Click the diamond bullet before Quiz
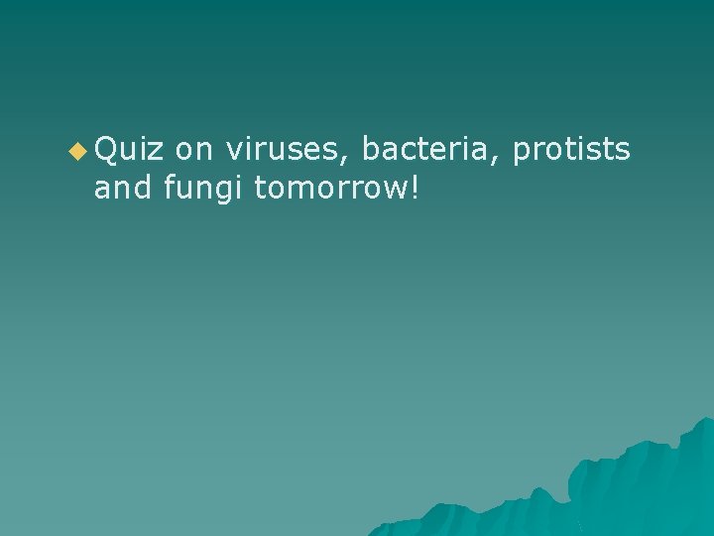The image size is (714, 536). coord(78,152)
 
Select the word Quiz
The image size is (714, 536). coord(129,150)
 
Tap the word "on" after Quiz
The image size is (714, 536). coord(194,150)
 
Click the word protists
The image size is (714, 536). coord(571,152)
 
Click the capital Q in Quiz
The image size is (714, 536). coord(106,150)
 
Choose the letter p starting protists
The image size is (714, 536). coord(521,154)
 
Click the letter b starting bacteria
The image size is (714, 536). coord(370,150)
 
